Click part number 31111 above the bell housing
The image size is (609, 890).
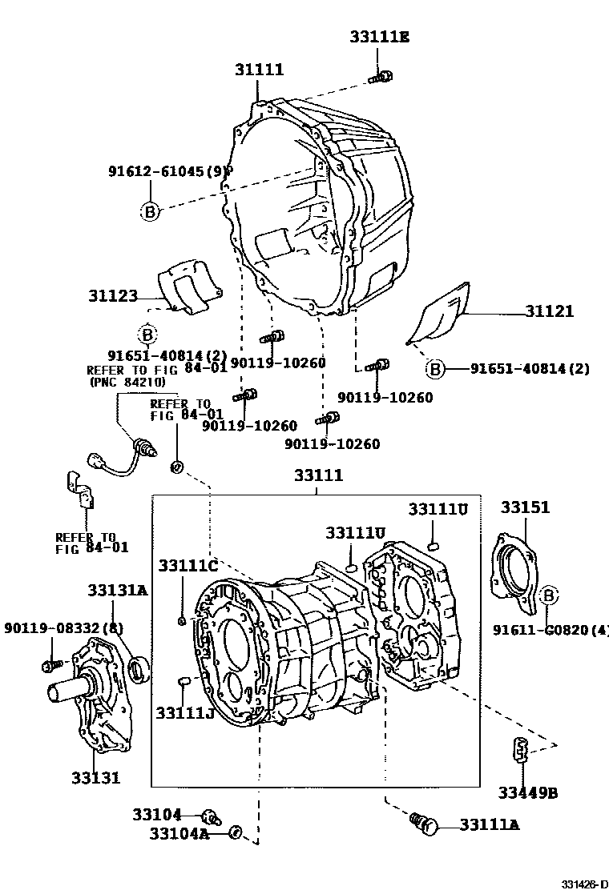(x=259, y=70)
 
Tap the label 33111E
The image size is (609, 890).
(x=378, y=36)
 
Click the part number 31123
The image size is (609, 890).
(x=113, y=295)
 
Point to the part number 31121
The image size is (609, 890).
(x=549, y=311)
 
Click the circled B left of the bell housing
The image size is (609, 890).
(x=150, y=211)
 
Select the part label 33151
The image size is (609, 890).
(x=525, y=507)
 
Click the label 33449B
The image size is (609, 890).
(x=527, y=793)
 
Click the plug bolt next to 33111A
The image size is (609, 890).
(x=424, y=822)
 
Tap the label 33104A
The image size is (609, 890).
(x=178, y=834)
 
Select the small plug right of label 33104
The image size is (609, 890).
(x=212, y=816)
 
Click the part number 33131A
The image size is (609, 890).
(x=117, y=591)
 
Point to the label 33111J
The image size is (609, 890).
(x=184, y=712)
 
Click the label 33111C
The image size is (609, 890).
(x=188, y=567)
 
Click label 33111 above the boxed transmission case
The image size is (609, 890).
(x=317, y=475)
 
